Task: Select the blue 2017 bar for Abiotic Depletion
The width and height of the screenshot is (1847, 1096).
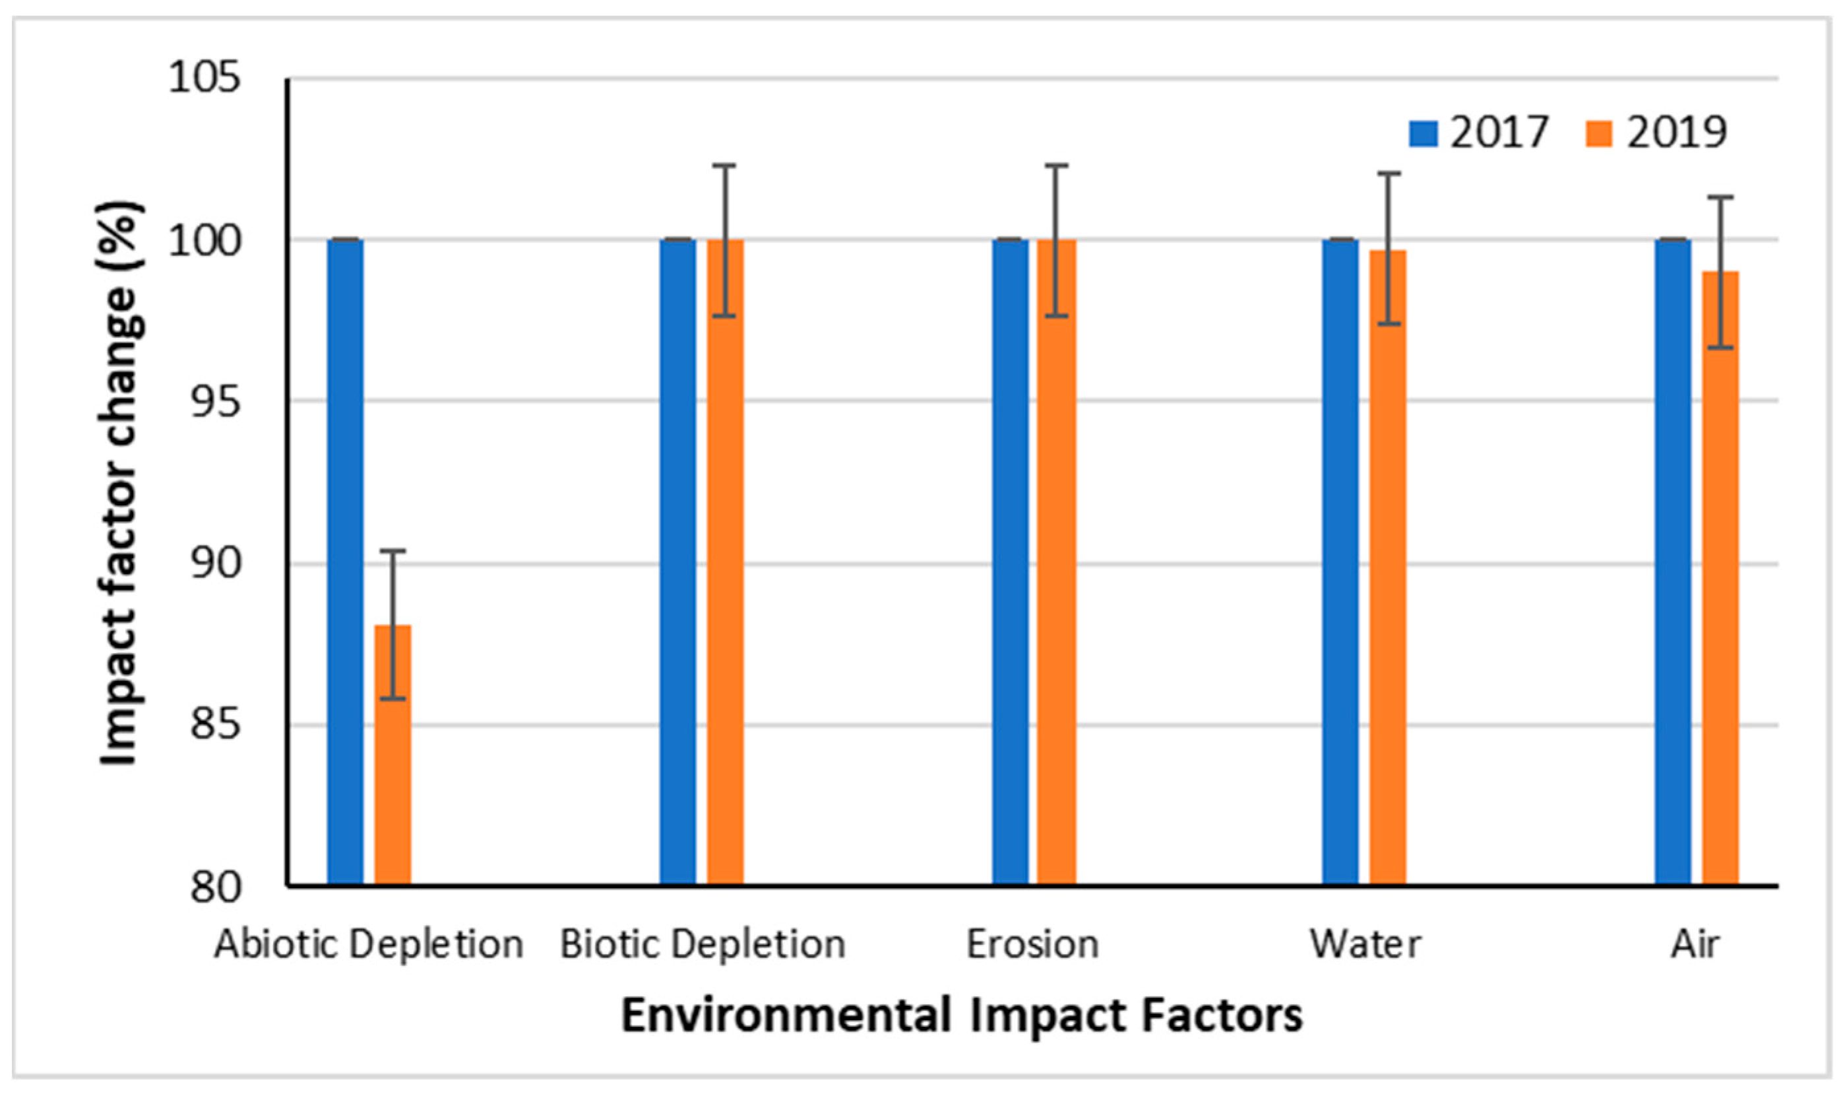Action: tap(346, 562)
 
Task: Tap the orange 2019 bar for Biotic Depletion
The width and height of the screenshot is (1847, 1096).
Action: tap(725, 562)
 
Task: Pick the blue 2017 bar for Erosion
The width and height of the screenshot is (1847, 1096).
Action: tap(1010, 562)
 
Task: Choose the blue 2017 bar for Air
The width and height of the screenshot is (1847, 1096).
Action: tap(1673, 562)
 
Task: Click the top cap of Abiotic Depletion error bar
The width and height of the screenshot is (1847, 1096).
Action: tap(392, 551)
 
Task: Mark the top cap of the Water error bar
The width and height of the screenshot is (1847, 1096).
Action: tap(1388, 174)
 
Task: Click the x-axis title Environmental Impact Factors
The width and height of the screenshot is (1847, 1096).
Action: tap(961, 1015)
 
